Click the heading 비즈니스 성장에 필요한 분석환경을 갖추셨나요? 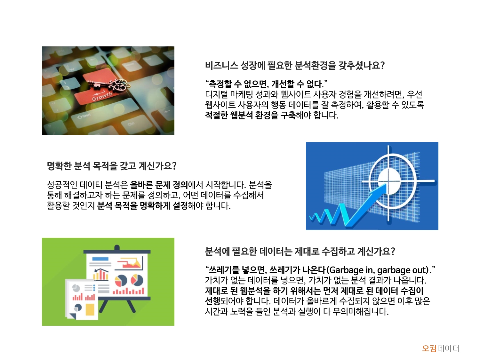(294, 66)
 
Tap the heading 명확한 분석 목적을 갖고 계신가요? (111, 166)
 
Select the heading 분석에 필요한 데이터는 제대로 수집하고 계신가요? (300, 251)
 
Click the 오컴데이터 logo (440, 348)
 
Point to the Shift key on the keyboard (84, 116)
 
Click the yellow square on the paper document (90, 309)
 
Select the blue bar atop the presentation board (100, 259)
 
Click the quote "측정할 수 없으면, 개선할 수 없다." (266, 84)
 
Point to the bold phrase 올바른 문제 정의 (159, 185)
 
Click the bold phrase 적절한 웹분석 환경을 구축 (250, 115)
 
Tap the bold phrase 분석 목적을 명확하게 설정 (142, 205)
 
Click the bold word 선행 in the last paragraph (212, 301)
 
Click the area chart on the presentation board (131, 263)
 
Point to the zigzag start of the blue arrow (320, 218)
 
